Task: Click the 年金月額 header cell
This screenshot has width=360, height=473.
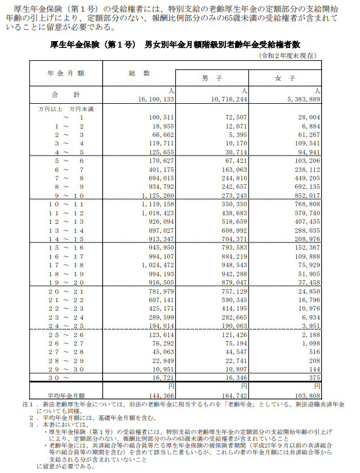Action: [66, 73]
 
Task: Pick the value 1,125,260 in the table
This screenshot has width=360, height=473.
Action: [158, 196]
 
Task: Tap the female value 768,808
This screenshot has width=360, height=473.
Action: [307, 204]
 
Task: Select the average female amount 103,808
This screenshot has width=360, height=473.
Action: [307, 397]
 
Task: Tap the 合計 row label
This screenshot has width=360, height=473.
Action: [66, 94]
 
